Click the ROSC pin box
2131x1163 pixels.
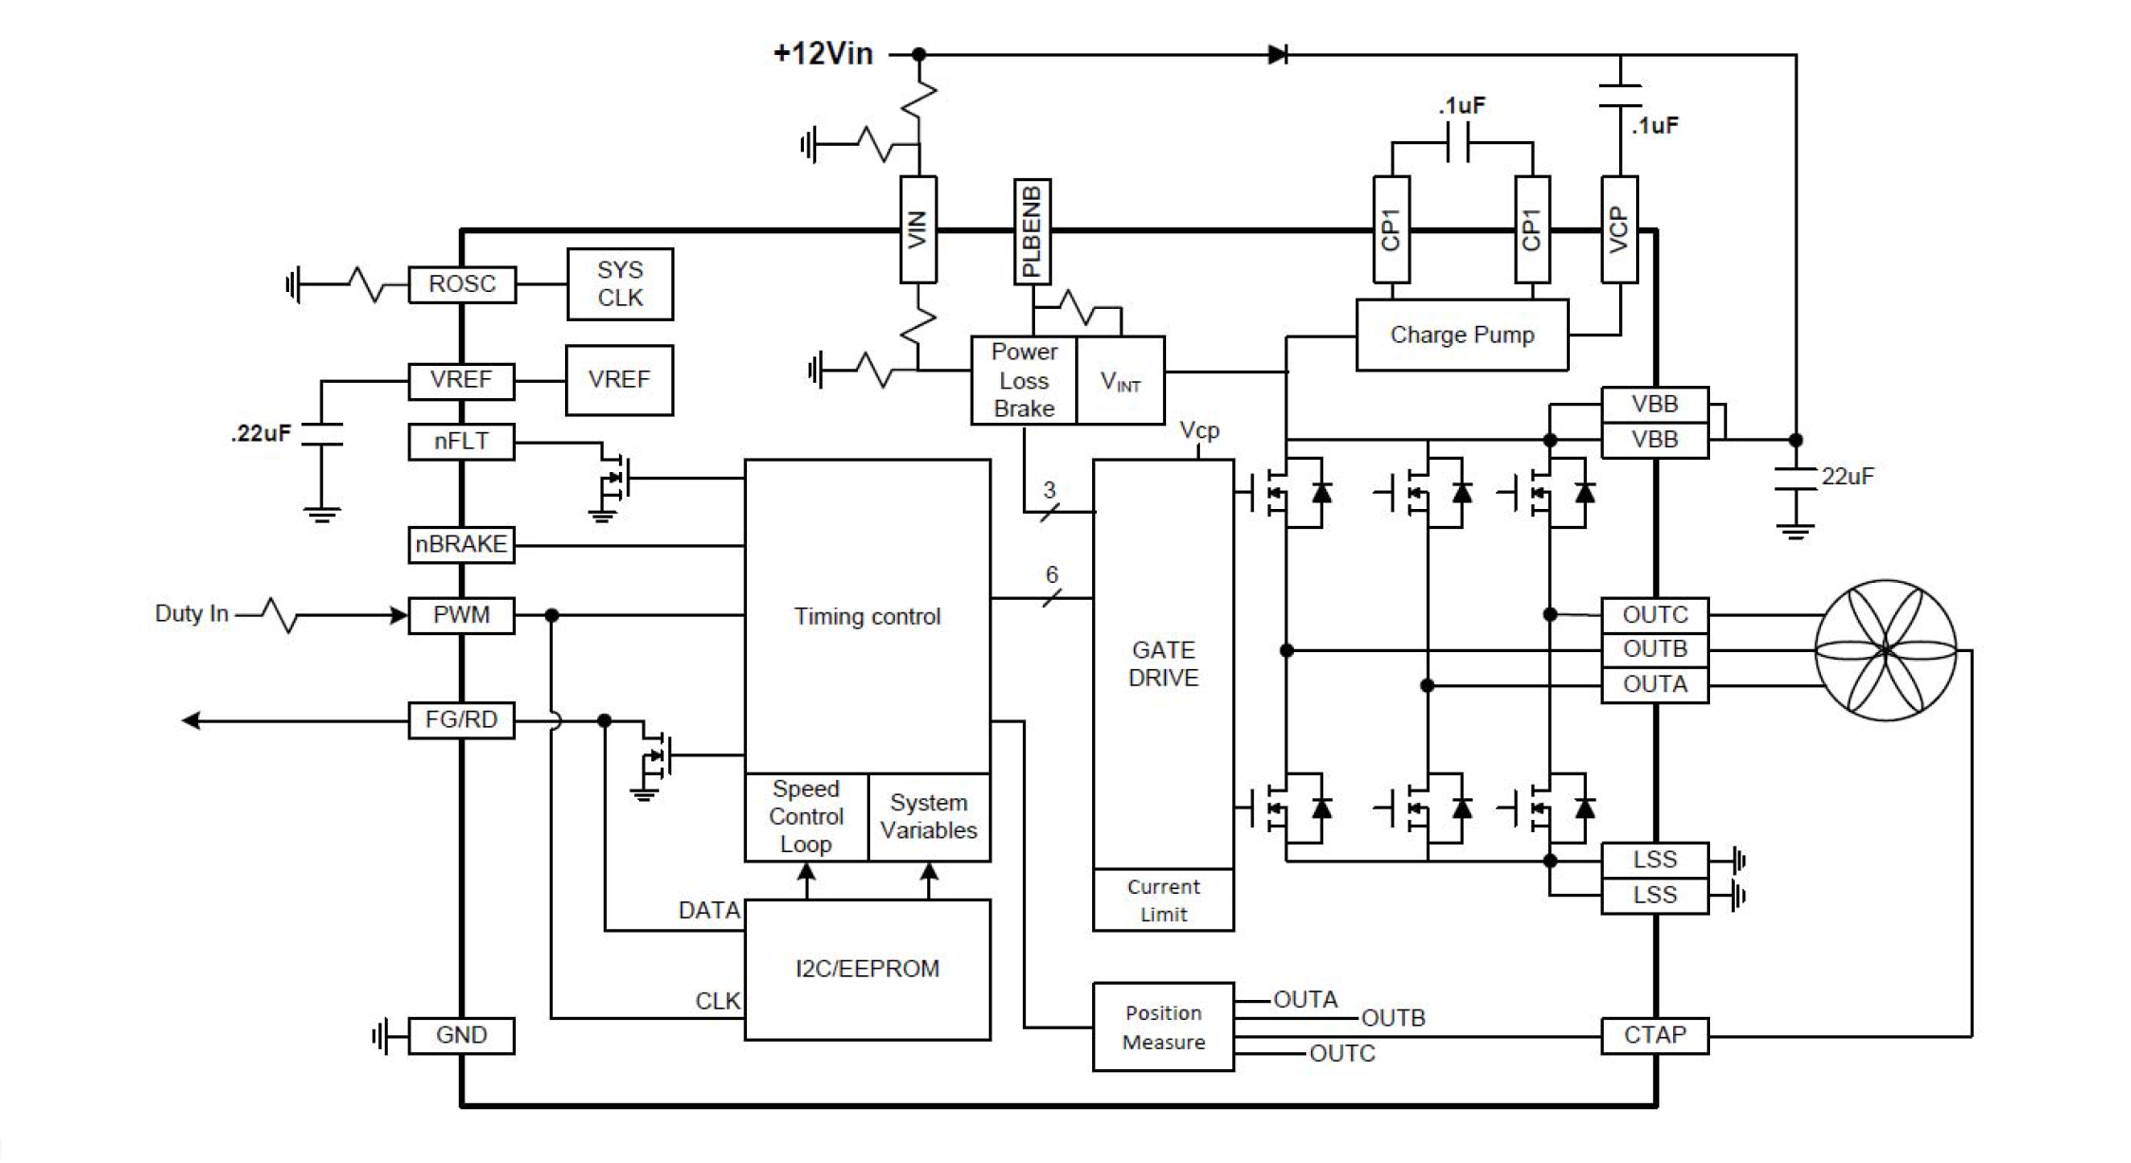click(x=462, y=284)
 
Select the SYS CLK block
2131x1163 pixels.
click(x=620, y=284)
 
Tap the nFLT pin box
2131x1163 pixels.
click(x=462, y=442)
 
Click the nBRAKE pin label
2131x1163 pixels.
click(x=462, y=545)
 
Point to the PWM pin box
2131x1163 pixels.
click(x=462, y=615)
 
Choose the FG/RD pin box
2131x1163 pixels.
click(x=462, y=720)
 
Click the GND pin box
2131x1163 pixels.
click(x=462, y=1035)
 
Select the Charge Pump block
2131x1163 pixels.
click(x=1462, y=336)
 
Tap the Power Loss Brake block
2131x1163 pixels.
click(x=1024, y=380)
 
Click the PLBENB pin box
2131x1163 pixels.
click(x=1032, y=230)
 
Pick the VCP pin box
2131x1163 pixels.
click(x=1619, y=229)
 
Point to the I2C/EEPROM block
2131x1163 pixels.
click(x=867, y=970)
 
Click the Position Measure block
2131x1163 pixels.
click(x=1163, y=1027)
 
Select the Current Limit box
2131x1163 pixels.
click(x=1163, y=900)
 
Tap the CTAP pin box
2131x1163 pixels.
click(x=1655, y=1035)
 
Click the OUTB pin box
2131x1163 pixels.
click(x=1655, y=650)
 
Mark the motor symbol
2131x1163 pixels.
click(x=1885, y=650)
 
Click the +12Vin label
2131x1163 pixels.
click(x=823, y=54)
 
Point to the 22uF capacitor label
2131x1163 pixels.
click(x=1847, y=477)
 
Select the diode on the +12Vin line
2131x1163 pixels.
click(x=1278, y=55)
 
